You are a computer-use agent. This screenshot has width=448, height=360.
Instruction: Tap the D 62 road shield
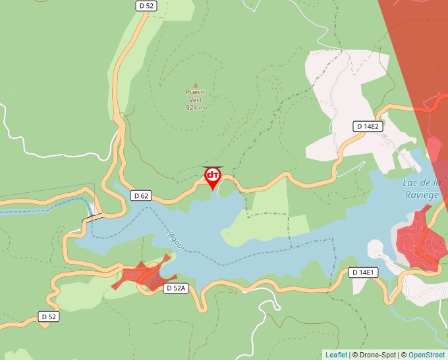pyautogui.click(x=141, y=195)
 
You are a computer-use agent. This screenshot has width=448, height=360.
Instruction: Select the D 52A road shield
pyautogui.click(x=177, y=288)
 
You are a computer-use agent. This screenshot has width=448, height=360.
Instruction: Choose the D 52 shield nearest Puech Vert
pyautogui.click(x=147, y=5)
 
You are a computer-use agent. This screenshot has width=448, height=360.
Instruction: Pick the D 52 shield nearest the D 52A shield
pyautogui.click(x=49, y=317)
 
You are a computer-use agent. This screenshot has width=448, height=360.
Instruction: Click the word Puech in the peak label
pyautogui.click(x=195, y=92)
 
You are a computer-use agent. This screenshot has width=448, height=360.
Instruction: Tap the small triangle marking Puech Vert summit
pyautogui.click(x=195, y=84)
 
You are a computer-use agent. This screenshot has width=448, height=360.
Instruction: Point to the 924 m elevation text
pyautogui.click(x=195, y=107)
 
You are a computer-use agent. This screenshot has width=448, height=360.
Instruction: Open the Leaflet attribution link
pyautogui.click(x=336, y=355)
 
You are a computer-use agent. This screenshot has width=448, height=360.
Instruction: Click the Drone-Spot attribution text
pyautogui.click(x=376, y=355)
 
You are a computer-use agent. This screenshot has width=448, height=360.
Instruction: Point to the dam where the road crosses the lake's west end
pyautogui.click(x=91, y=216)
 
